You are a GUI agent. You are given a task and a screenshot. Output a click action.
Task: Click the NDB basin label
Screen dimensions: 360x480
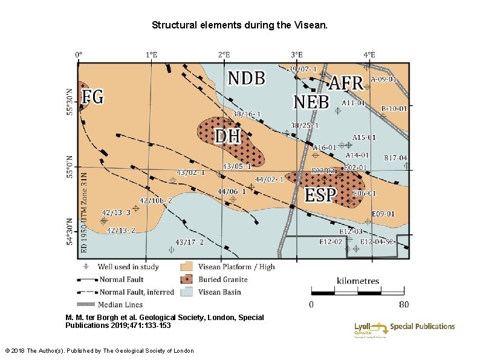point(246,78)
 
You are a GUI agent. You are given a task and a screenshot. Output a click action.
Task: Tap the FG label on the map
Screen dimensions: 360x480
point(92,96)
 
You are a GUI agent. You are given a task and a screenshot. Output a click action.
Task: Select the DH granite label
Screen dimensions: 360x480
point(228,136)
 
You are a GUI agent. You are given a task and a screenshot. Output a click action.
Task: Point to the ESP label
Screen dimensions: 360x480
point(320,195)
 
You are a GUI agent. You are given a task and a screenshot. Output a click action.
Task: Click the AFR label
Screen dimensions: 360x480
point(345,83)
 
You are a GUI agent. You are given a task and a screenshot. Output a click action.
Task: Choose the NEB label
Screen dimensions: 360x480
point(311,101)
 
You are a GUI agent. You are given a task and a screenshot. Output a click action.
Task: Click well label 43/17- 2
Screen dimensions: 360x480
point(189,242)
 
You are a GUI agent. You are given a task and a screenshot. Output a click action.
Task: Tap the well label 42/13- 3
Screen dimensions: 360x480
point(116,212)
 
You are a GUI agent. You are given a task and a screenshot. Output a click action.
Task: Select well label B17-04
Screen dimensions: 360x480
point(396,158)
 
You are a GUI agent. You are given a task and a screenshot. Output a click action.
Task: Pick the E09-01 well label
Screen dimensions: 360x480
point(383,214)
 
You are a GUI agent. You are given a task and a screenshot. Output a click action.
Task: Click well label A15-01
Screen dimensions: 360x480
point(364,137)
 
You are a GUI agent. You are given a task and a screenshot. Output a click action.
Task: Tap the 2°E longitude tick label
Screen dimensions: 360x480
point(224,54)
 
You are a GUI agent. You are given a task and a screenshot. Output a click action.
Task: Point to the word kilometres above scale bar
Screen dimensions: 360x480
point(358,281)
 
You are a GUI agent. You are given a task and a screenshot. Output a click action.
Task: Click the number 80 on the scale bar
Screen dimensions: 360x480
point(404,304)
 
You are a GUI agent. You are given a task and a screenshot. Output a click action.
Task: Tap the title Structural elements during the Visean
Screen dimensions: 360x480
point(240,25)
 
